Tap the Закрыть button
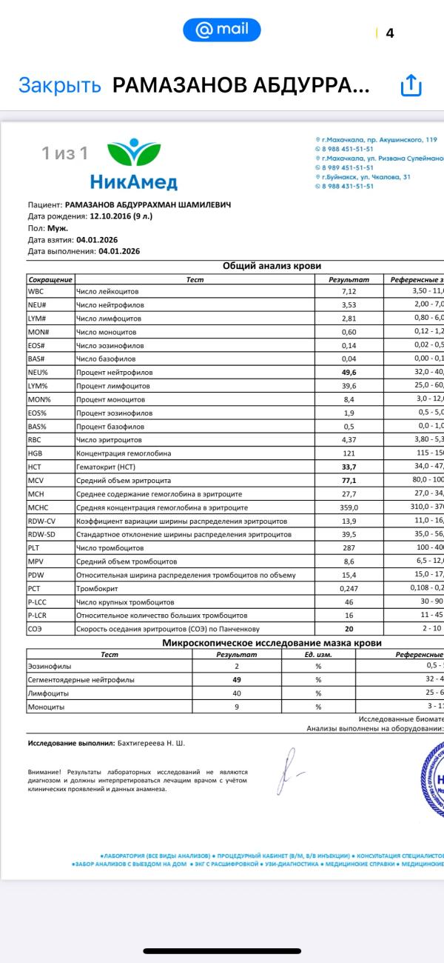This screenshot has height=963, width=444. (59, 85)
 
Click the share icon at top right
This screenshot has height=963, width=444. (411, 85)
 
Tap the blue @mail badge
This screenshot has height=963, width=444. (222, 30)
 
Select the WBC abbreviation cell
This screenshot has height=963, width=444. (36, 291)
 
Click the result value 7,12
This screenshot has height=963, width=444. (349, 291)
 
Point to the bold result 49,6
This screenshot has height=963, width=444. (349, 373)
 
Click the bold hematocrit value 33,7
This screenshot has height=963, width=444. (349, 467)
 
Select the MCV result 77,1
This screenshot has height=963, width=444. (349, 481)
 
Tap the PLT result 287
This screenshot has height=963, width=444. (349, 548)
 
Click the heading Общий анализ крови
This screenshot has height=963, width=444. (272, 267)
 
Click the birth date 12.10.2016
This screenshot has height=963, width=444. (110, 217)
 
